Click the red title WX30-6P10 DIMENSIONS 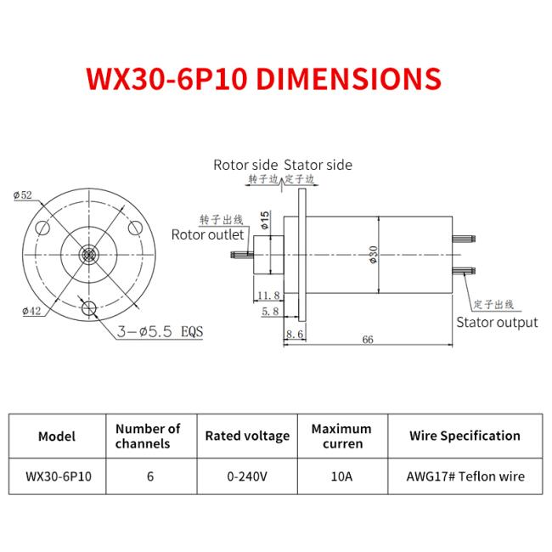(264, 78)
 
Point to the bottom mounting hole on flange (87, 307)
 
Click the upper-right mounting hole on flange (134, 227)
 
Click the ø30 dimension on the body (374, 254)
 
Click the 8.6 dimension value (295, 335)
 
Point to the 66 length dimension (368, 340)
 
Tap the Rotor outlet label (208, 234)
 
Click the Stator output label (497, 322)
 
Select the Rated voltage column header (247, 436)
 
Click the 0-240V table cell (247, 476)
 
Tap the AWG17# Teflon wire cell (465, 476)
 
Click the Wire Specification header (465, 436)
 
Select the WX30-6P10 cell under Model (57, 476)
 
